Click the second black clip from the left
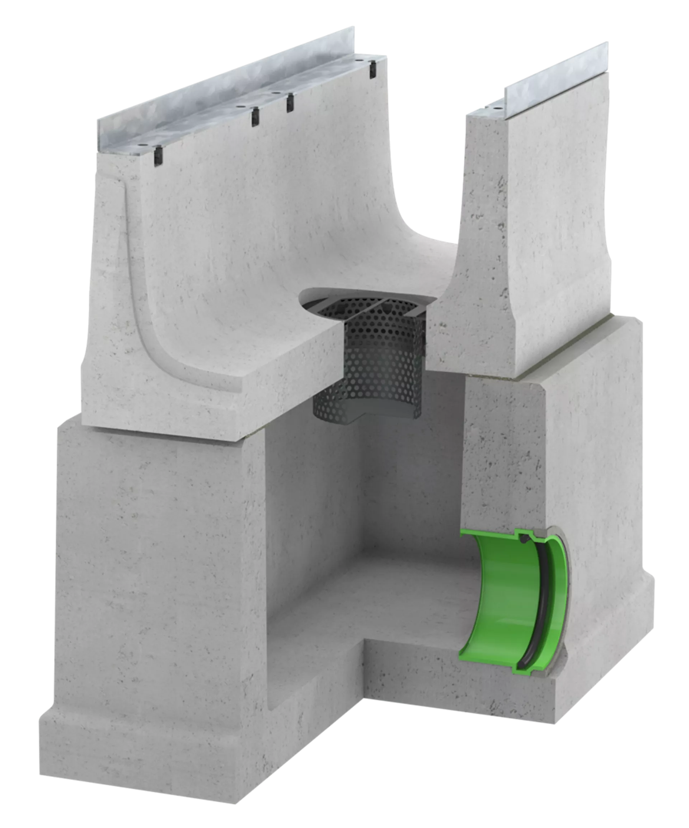click(255, 117)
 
